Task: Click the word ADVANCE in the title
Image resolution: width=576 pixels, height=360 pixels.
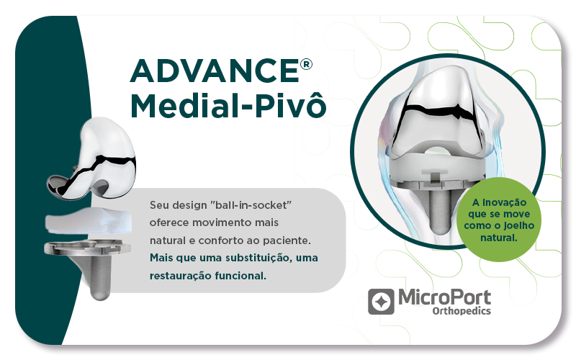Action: pyautogui.click(x=215, y=71)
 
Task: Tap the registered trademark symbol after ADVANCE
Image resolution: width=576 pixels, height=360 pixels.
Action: pyautogui.click(x=306, y=64)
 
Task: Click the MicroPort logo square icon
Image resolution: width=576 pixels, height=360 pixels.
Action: pyautogui.click(x=381, y=301)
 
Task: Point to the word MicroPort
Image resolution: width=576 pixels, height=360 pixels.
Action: pyautogui.click(x=444, y=297)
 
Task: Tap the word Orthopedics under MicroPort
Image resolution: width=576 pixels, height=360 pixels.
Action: pyautogui.click(x=462, y=311)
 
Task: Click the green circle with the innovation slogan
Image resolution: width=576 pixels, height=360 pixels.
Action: pyautogui.click(x=498, y=220)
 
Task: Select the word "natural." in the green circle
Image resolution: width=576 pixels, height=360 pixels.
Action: pyautogui.click(x=498, y=238)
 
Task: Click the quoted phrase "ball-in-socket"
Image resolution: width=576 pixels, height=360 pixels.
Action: pyautogui.click(x=251, y=204)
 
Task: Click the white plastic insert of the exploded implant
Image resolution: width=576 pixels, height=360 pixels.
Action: pyautogui.click(x=88, y=220)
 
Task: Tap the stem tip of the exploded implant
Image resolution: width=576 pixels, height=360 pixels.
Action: pyautogui.click(x=100, y=294)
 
